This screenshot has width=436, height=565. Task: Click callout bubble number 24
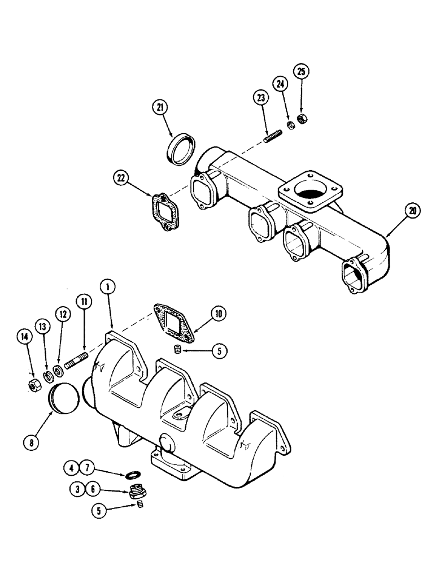coord(281,85)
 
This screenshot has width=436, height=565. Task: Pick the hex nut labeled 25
coord(302,105)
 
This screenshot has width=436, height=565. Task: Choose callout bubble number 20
coord(413,212)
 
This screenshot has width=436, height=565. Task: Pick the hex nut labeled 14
coord(33,385)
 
